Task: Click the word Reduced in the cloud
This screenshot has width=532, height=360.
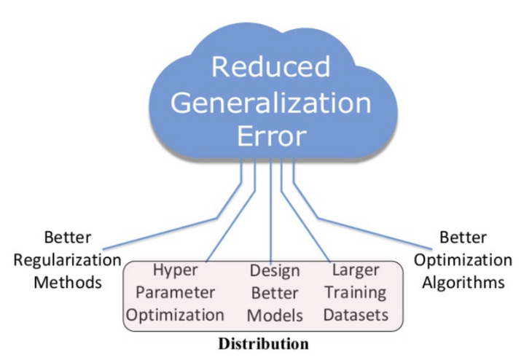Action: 271,66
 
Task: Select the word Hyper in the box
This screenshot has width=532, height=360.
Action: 177,270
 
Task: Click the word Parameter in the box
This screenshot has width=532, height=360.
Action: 178,293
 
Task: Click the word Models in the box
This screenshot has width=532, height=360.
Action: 273,316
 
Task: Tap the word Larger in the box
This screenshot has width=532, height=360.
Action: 355,270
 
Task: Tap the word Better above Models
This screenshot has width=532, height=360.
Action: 274,293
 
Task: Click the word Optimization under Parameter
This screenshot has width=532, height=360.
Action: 178,316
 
